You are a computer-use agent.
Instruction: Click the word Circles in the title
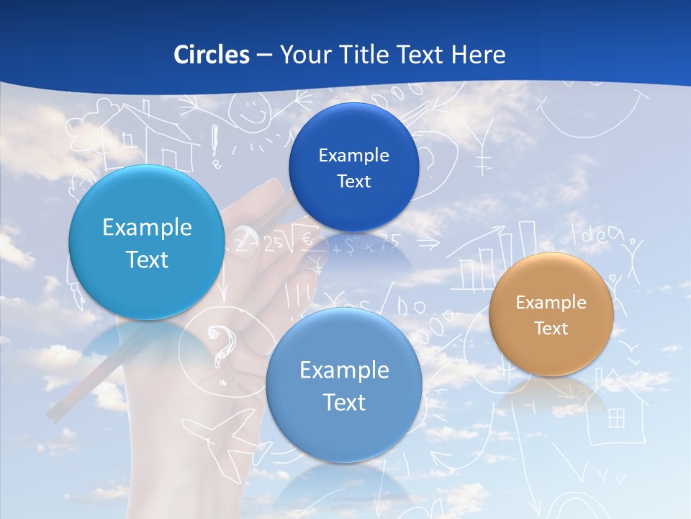[211, 55]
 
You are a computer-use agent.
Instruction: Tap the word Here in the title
[478, 55]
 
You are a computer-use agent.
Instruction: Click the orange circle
[551, 314]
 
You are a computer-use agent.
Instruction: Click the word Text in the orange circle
[551, 328]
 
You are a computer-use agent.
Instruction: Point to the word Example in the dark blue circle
[353, 155]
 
